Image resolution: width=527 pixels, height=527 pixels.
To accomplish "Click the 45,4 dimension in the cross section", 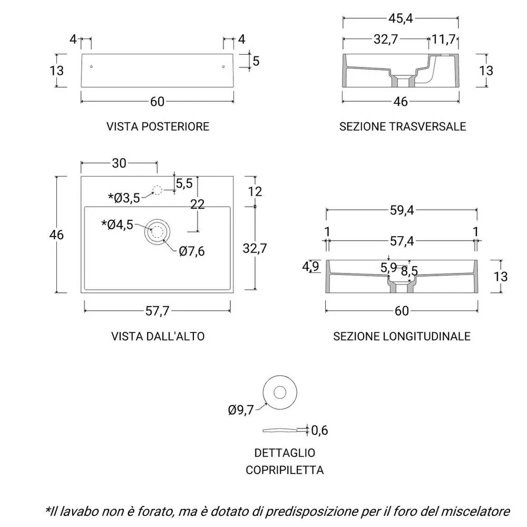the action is tap(401, 18).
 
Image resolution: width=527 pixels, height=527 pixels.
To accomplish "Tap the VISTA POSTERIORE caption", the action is tap(158, 126).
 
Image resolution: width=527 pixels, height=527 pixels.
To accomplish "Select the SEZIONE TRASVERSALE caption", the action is tap(402, 126).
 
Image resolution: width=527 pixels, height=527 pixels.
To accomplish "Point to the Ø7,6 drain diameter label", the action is tap(192, 251).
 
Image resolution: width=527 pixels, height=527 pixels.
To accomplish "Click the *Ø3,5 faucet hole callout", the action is tap(124, 198).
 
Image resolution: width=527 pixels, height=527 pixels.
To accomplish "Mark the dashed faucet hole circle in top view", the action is tap(157, 191).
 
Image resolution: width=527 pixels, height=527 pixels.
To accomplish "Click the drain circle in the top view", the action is tap(157, 231).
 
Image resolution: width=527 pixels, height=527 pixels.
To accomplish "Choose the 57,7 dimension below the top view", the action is tap(157, 311).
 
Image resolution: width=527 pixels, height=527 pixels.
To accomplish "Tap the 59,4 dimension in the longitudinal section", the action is tap(402, 210).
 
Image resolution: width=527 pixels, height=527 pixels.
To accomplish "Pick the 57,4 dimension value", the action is tap(402, 241).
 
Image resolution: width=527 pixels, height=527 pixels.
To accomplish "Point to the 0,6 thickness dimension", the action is tap(319, 430).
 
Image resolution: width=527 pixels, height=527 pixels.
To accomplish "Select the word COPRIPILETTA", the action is tap(285, 470).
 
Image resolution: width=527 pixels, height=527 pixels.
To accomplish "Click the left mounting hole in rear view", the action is tap(91, 67).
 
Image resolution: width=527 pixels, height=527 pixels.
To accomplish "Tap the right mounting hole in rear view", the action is tap(223, 67).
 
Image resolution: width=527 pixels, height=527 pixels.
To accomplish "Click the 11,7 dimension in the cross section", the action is tap(443, 40).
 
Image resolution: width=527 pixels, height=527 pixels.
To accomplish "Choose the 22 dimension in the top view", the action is tap(197, 204).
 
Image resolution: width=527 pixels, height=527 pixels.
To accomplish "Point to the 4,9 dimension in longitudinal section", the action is tap(310, 266).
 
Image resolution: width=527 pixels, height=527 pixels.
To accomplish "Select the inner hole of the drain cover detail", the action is tap(280, 392).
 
